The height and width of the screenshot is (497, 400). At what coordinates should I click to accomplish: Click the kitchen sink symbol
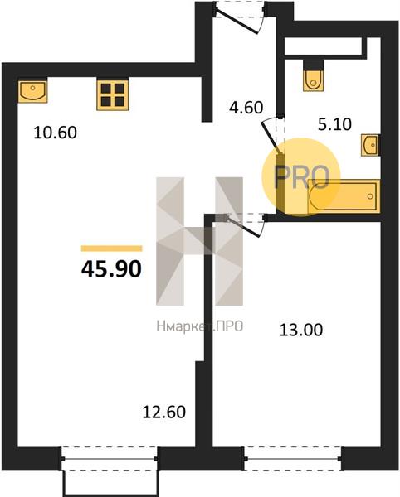32,91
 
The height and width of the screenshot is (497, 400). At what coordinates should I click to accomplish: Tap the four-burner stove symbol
113,94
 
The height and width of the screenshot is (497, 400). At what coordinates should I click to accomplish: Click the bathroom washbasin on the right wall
370,145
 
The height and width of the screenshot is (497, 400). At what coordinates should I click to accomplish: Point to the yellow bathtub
344,196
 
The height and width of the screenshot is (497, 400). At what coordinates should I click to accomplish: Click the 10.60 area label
56,133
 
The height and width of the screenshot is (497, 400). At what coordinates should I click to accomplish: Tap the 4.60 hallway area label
246,108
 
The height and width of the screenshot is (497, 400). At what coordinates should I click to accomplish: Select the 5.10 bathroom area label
334,124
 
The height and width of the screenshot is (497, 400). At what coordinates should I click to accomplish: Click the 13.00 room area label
301,330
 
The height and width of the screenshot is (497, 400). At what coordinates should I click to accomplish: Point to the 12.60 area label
163,413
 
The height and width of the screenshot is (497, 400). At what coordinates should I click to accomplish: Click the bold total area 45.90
111,268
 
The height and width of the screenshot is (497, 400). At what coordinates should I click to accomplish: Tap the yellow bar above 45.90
111,248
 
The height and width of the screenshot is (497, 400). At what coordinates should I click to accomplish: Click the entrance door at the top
240,17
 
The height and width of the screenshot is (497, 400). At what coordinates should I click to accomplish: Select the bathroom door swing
273,137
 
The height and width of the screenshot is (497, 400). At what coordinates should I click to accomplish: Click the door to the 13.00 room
244,224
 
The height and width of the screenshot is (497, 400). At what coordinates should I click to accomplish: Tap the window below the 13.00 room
293,459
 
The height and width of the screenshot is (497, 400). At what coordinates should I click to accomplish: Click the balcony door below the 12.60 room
109,459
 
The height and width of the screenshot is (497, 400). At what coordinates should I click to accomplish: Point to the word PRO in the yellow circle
301,177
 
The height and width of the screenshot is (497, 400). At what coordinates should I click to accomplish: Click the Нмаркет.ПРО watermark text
200,326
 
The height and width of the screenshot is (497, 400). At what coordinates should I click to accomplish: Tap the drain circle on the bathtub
370,196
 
